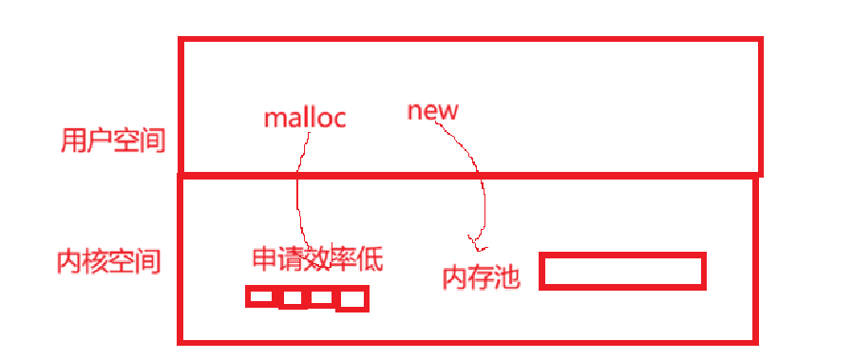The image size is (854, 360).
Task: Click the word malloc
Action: point(305,118)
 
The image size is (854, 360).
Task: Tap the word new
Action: point(433,111)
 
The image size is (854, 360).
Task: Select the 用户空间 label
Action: point(112,142)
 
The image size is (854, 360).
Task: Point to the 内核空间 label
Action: point(109,261)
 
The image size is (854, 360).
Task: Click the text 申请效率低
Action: point(318,258)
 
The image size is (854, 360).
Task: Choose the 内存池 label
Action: point(482,277)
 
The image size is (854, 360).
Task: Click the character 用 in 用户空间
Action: point(72,142)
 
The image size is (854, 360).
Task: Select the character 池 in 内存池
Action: point(508,277)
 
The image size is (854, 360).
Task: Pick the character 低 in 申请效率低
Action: point(370,258)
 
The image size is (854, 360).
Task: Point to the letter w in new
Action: point(447,112)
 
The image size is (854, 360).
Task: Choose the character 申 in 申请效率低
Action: point(265,258)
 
